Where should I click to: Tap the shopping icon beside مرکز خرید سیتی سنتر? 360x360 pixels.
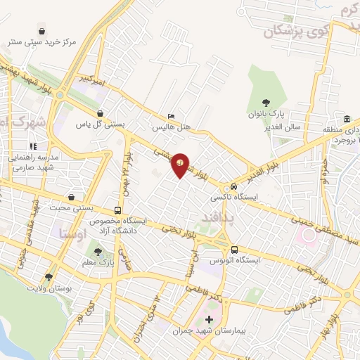43,32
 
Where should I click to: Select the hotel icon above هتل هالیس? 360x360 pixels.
172,117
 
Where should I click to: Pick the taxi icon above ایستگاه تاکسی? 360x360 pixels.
233,186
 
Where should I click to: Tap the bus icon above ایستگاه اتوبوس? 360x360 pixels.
235,250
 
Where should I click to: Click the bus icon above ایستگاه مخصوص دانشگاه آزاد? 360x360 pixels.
117,210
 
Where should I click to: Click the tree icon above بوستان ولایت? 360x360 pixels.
49,278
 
